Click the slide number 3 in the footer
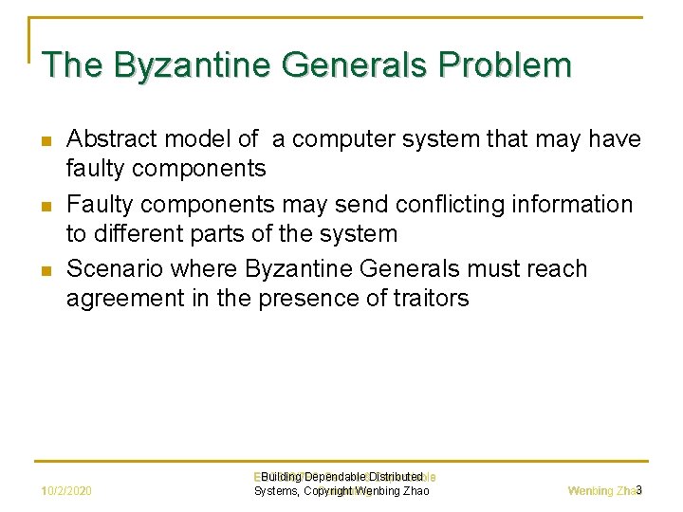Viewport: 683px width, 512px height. point(639,490)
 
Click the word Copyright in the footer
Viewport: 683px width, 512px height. point(337,491)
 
